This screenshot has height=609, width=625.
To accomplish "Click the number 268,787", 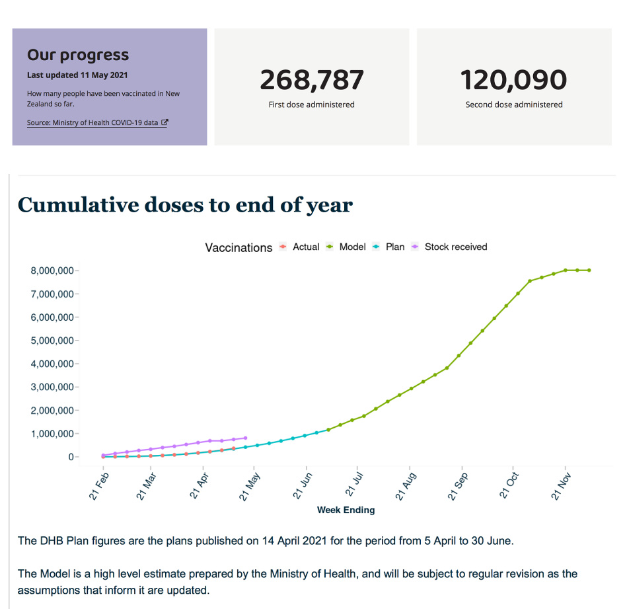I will coord(312,80).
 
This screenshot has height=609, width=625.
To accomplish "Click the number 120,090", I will coord(513,80).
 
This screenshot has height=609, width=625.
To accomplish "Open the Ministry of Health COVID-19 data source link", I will coord(97,123).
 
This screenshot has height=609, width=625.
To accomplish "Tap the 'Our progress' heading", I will coord(78,55).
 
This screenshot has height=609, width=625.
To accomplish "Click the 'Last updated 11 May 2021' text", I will coord(77,75).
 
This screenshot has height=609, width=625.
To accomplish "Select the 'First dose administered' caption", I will coord(312,104).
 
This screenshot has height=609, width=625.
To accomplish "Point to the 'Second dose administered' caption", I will coord(514,104).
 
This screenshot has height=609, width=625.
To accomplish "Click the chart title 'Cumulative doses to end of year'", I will coord(185,205).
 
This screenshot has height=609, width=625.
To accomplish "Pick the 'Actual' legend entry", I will coord(306,247).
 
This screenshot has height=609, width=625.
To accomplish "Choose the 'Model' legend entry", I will coord(352,247).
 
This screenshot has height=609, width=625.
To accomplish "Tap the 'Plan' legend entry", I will coord(395,247).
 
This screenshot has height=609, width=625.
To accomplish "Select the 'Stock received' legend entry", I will coord(455,247).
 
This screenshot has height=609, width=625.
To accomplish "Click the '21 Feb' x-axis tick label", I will coord(97,485).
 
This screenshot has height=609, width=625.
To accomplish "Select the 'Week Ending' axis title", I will coord(346,510).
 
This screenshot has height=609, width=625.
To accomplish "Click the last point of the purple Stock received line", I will coord(246,438).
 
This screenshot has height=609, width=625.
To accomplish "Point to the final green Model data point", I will coord(589,270).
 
